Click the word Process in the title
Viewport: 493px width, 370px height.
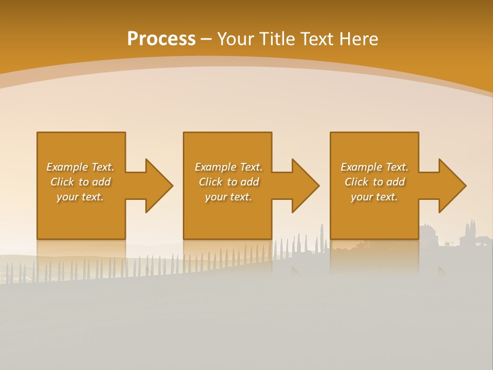pos(161,39)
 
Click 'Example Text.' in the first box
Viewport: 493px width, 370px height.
pos(80,167)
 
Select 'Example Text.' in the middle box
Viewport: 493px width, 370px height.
pos(229,167)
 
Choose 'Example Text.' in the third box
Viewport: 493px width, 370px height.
pos(374,167)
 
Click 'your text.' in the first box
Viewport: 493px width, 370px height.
pos(80,197)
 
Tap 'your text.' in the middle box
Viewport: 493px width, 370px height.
pos(229,197)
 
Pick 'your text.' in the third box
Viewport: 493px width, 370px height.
pos(374,197)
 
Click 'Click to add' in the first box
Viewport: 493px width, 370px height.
pos(80,182)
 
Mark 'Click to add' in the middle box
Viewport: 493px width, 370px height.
pos(229,182)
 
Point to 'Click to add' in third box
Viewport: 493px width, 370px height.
pos(374,182)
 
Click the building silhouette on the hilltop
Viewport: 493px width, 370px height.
pos(428,234)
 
